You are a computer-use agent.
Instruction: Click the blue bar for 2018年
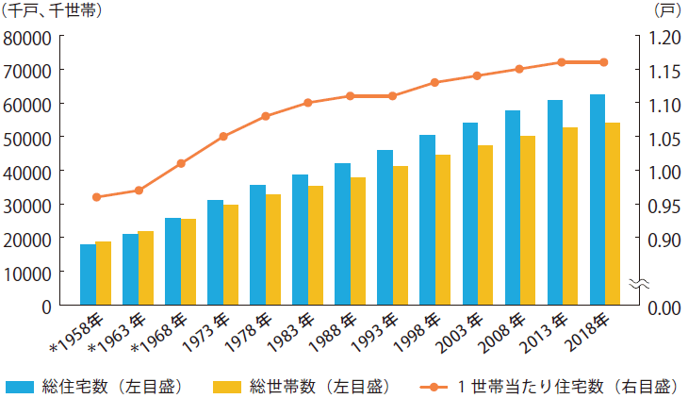click(598, 200)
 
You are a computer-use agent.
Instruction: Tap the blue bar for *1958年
click(88, 274)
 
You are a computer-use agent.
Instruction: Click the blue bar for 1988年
click(342, 234)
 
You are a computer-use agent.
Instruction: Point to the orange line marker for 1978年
click(266, 116)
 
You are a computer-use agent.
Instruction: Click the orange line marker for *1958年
click(95, 197)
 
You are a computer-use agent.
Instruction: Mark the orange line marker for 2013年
click(562, 62)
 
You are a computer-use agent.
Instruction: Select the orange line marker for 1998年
click(434, 82)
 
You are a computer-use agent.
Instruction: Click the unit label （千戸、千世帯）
click(49, 11)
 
